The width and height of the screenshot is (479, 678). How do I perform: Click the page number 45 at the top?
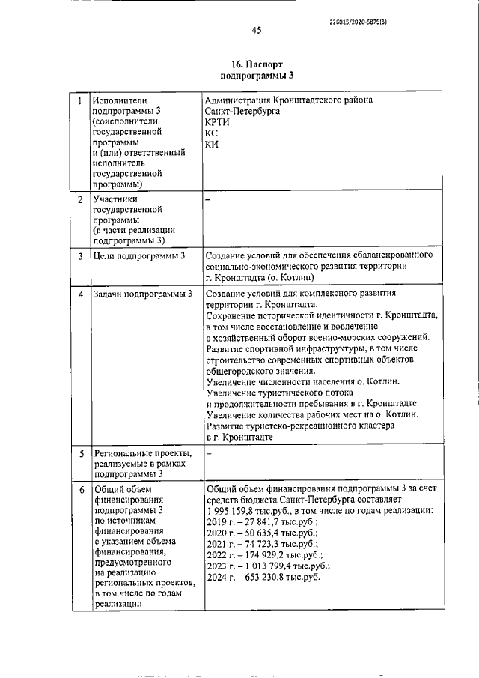tap(256, 31)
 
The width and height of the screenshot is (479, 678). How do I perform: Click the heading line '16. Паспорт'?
tap(257, 64)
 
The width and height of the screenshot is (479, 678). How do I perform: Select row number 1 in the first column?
tap(79, 99)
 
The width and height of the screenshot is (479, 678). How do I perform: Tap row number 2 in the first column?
tap(79, 200)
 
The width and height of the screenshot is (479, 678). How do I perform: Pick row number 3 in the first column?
tap(79, 257)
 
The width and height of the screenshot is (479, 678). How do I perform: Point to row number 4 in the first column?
tap(79, 294)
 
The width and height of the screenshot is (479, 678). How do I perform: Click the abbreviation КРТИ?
tap(218, 121)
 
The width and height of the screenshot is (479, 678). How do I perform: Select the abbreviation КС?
tap(212, 133)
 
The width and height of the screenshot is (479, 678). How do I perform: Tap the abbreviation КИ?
tap(212, 144)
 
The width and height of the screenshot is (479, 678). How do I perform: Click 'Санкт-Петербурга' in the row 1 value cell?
tap(243, 110)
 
